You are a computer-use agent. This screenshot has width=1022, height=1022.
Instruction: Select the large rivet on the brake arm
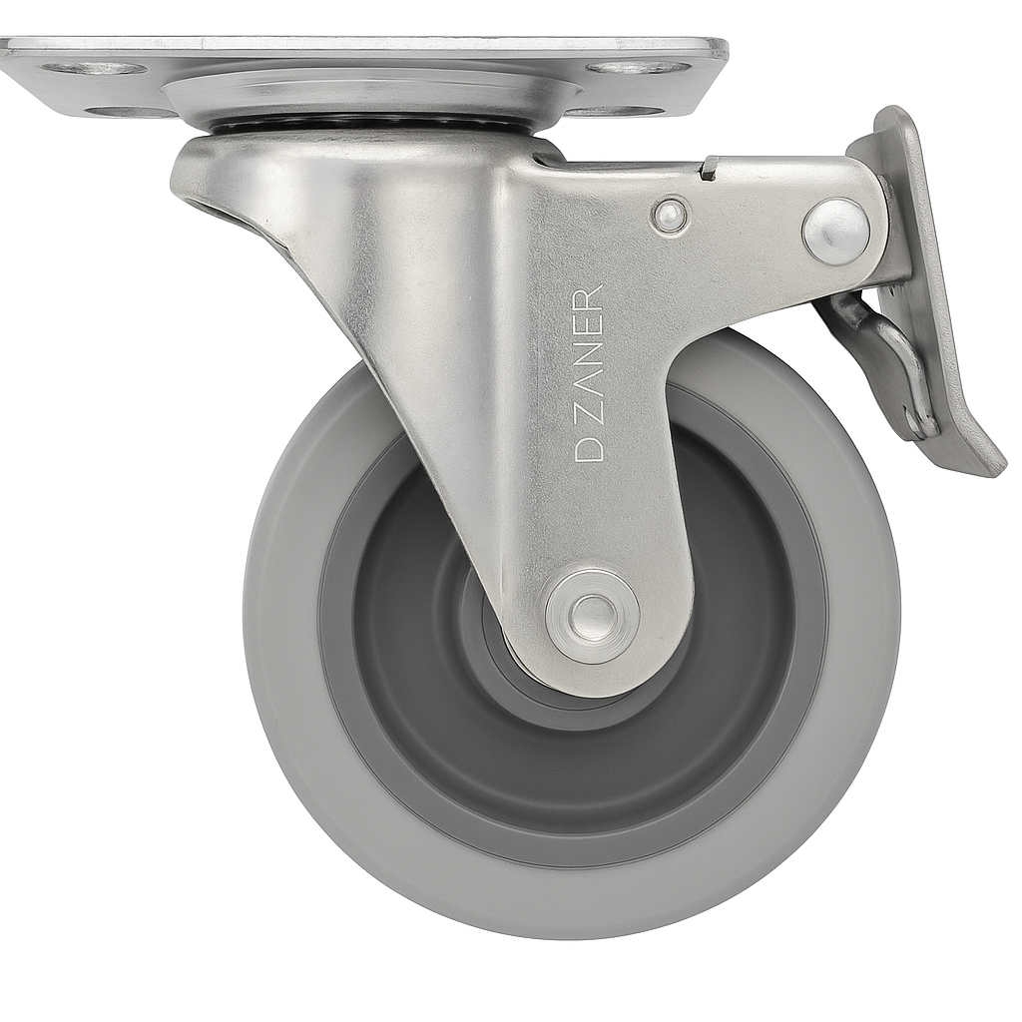point(837,232)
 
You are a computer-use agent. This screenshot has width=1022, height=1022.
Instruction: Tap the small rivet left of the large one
point(669,214)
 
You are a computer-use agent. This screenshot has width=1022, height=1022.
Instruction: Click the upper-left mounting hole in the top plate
point(94,69)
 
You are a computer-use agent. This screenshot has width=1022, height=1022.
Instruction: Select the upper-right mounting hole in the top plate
point(639,68)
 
